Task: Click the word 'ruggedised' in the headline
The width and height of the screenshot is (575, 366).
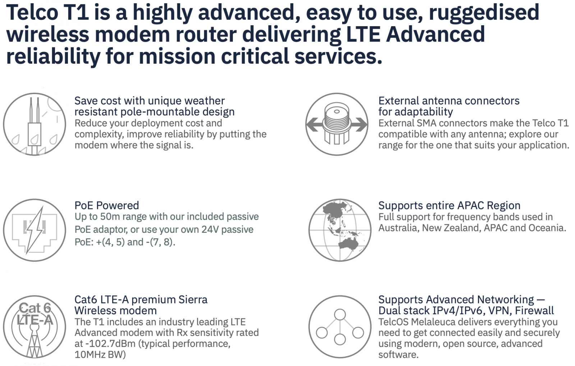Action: coord(484,13)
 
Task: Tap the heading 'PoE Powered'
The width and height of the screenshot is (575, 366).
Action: coord(107,205)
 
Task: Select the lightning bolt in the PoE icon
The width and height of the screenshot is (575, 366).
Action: coord(34,230)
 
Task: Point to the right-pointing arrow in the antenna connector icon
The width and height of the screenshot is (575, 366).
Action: coord(359,124)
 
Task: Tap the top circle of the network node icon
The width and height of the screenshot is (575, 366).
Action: coord(340,315)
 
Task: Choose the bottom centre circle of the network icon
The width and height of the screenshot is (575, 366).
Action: coord(340,339)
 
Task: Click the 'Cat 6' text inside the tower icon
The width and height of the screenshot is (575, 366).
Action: coord(35,308)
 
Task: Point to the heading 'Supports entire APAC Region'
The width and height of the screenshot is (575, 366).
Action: coord(449,205)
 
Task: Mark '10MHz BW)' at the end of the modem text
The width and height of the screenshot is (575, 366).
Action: coord(100,355)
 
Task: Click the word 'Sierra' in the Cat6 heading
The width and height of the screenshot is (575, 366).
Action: coord(193,300)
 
